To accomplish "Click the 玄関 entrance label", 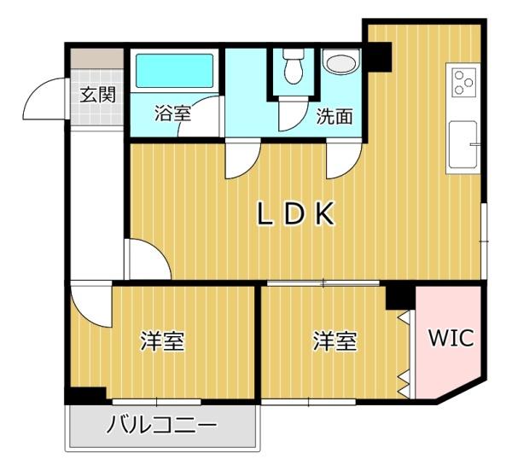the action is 98,95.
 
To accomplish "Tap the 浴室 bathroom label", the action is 172,113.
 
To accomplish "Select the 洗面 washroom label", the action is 335,116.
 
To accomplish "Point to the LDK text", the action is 296,213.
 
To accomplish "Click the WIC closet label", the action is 451,338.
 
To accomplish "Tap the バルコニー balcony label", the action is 162,425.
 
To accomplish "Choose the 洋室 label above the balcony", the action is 163,341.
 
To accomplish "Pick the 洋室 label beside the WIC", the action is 335,341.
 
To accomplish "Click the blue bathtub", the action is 174,71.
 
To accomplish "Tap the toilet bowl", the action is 294,67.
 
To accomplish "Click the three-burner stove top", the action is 463,83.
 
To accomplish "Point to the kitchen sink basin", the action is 463,144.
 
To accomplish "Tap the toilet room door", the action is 293,113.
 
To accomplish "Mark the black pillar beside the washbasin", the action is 379,57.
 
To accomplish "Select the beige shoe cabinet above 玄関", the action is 97,59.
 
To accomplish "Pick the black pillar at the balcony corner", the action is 86,396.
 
